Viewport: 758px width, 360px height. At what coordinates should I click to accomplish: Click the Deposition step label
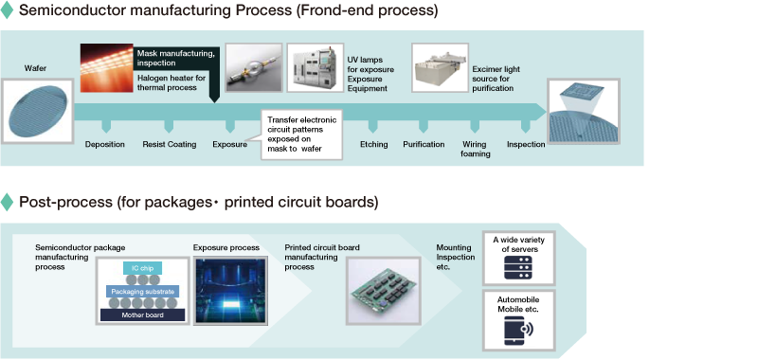coord(105,145)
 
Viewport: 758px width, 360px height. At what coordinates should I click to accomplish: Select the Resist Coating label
coord(170,145)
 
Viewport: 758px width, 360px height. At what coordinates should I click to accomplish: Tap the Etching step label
coord(373,145)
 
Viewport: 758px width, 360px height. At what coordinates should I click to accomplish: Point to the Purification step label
coord(424,145)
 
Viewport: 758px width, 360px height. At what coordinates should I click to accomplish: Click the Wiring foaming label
coord(476,149)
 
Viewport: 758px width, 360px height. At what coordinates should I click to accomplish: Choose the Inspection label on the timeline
coord(526,145)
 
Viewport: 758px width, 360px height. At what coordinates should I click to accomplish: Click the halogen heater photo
coord(106,68)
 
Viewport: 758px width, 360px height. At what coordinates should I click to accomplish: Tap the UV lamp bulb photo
coord(254,67)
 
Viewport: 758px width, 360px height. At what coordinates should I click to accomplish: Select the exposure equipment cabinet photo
coord(316,67)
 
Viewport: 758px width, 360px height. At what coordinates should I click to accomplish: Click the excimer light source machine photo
coord(440,67)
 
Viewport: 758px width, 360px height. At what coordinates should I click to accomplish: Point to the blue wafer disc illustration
coord(37,112)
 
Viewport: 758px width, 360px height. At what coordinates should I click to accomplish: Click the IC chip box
coord(143,268)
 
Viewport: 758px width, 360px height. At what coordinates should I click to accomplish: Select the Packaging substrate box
coord(143,292)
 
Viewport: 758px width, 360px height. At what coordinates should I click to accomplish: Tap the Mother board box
coord(143,315)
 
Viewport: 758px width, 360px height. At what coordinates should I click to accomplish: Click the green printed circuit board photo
coord(384,291)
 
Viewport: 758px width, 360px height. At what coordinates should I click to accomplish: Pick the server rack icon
coord(518,268)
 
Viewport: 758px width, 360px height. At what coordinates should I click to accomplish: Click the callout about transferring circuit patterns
coord(301,135)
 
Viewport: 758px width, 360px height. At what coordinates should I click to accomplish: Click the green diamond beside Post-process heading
coord(7,202)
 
